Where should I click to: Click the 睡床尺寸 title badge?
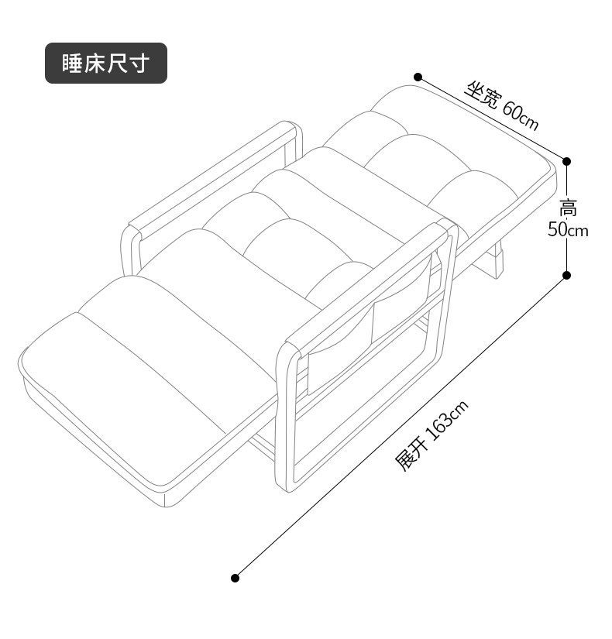[x=105, y=64]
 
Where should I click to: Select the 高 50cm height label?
[x=569, y=218]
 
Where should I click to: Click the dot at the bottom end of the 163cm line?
[x=236, y=577]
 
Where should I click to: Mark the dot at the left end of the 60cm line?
[x=418, y=77]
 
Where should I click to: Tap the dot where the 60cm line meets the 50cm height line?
[x=566, y=161]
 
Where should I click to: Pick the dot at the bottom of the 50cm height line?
[x=566, y=275]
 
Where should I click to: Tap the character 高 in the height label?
[x=569, y=208]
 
